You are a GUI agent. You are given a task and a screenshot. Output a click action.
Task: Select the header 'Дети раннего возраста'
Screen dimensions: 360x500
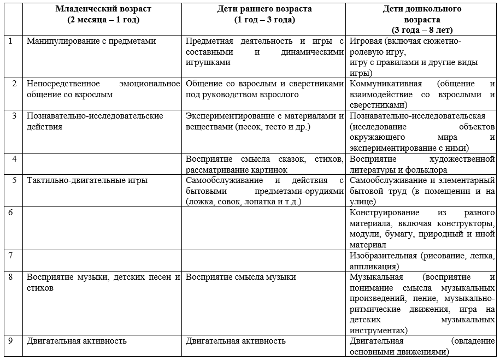click(x=264, y=9)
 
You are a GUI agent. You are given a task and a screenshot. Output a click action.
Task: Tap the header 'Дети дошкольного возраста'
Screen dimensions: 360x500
click(x=422, y=9)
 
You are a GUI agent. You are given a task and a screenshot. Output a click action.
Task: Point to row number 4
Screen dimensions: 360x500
click(x=13, y=159)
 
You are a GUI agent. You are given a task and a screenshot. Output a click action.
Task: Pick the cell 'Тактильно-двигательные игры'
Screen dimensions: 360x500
click(x=87, y=180)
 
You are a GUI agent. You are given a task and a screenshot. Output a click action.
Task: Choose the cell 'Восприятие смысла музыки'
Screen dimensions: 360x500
click(x=240, y=277)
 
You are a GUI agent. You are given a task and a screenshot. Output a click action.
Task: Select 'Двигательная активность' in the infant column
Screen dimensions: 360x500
click(x=77, y=341)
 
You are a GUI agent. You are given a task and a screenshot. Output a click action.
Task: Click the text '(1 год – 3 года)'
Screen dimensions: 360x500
click(x=264, y=20)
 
